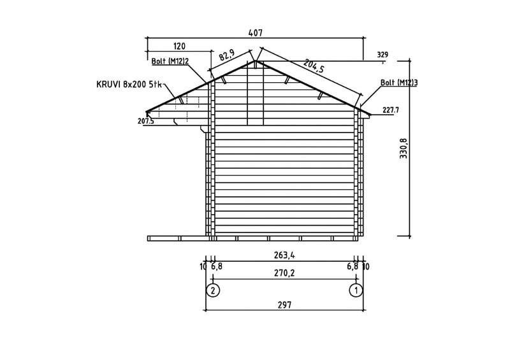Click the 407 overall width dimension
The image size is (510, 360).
click(255, 33)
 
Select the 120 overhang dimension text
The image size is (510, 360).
click(179, 46)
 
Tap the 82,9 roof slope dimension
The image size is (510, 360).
click(227, 55)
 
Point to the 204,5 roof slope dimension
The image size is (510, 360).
click(314, 68)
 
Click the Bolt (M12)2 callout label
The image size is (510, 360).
click(170, 61)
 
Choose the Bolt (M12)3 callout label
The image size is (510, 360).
click(399, 83)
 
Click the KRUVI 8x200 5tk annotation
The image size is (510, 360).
click(129, 85)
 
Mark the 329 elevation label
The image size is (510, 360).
click(382, 55)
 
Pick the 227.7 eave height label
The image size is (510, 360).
click(391, 110)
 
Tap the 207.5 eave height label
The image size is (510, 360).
click(146, 121)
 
